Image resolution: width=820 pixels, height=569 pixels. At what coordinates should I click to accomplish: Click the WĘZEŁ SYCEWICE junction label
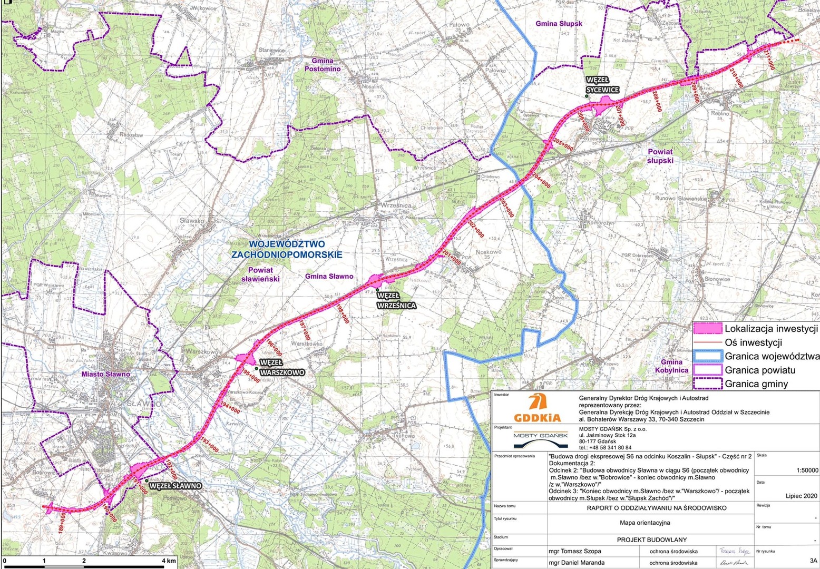tap(602, 85)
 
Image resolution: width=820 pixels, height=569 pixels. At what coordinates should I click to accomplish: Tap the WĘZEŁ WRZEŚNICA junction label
tap(396, 301)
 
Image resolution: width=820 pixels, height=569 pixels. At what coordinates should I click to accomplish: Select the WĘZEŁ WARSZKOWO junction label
tap(282, 368)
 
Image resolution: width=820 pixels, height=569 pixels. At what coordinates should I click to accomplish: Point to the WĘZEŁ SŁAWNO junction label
tap(175, 486)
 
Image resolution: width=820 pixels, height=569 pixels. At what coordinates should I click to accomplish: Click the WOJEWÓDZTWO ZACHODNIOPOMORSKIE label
tap(287, 249)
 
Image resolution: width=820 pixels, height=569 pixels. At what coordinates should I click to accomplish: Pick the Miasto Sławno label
tap(105, 374)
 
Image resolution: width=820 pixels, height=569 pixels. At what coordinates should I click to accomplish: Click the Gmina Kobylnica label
tap(671, 366)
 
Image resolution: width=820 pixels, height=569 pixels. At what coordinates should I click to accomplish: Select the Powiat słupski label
tap(660, 156)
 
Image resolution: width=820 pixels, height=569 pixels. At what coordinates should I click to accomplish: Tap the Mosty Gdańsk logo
tap(541, 437)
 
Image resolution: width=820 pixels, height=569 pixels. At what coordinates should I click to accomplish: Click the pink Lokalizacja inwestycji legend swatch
tap(707, 329)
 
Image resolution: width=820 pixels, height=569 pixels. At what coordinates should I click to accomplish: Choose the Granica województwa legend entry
tap(772, 356)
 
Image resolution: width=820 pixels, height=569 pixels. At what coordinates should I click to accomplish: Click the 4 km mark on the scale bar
tap(169, 561)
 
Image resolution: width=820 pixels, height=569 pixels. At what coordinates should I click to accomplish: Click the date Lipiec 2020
tap(801, 496)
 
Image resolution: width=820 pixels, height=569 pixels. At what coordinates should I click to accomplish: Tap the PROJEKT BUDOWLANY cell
tap(651, 539)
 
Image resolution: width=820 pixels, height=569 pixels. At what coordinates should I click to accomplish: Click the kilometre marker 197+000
tap(304, 330)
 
